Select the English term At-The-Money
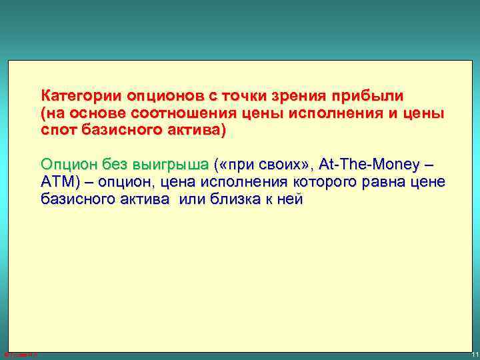369,164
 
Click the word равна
377,182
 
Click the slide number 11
471,353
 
